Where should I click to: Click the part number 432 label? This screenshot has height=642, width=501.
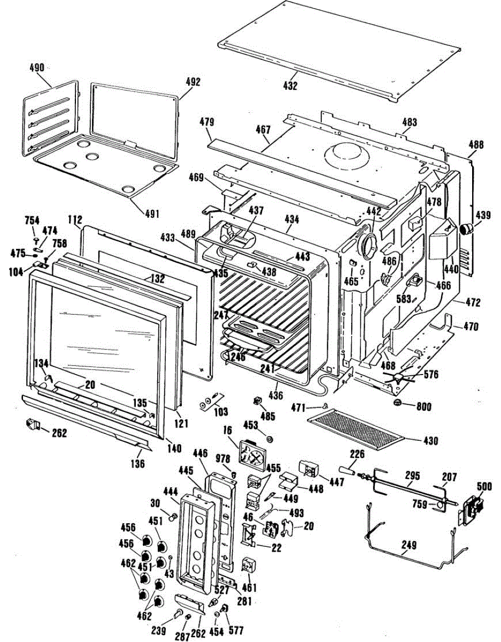tap(291, 86)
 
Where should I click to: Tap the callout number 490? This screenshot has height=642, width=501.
tap(37, 68)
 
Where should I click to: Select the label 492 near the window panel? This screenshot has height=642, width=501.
tap(192, 82)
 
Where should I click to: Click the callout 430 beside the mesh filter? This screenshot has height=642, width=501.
tap(430, 441)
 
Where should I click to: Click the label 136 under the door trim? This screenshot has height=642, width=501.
tap(138, 464)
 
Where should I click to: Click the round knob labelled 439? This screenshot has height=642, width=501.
tap(467, 230)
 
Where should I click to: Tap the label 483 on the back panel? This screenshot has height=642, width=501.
tap(409, 123)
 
